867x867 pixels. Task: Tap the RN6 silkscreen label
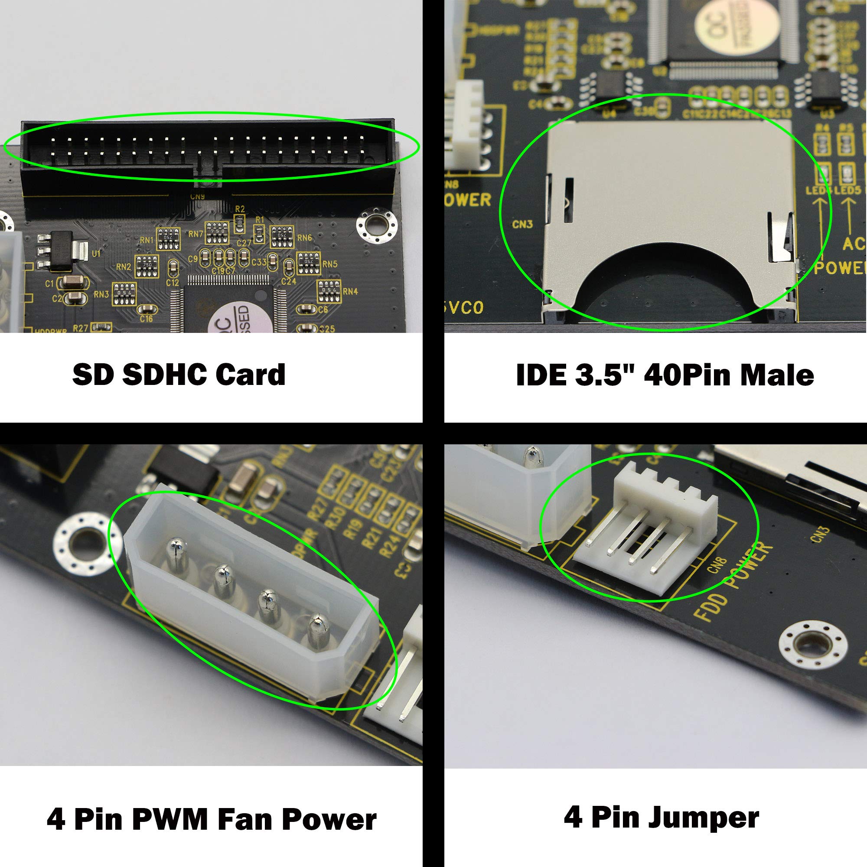coord(305,238)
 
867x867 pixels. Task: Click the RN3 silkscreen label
coord(101,295)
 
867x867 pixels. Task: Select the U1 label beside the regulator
coord(96,254)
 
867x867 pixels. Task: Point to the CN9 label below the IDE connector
coord(197,196)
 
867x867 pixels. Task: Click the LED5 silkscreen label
coord(847,191)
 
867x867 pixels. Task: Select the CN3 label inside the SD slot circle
coord(522,224)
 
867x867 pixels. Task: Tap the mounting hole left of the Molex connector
coord(88,544)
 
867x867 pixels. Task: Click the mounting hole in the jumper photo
coord(813,645)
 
